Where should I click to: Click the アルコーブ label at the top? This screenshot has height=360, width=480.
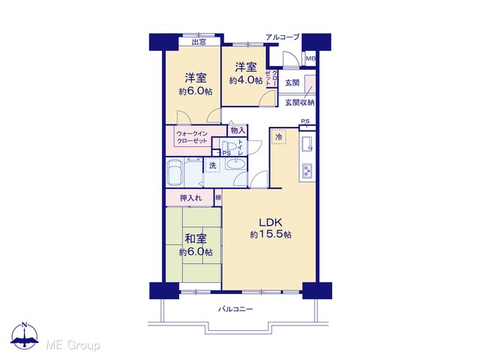(x=282, y=37)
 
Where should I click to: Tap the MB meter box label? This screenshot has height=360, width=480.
(x=310, y=58)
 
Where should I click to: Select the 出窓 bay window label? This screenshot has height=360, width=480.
(x=199, y=42)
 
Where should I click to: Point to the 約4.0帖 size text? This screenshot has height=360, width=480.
(x=246, y=80)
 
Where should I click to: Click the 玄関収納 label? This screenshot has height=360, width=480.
(x=300, y=103)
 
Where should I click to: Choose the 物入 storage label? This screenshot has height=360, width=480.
(x=238, y=130)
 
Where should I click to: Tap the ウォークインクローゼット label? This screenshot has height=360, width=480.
(x=192, y=137)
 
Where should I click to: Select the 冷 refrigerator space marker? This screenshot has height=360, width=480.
(x=278, y=136)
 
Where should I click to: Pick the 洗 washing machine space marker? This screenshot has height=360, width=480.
(x=213, y=165)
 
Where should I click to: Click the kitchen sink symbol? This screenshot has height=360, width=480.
(x=307, y=144)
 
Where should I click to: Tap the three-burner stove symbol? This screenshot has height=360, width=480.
(x=307, y=171)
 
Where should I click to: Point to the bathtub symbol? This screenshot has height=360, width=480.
(x=175, y=172)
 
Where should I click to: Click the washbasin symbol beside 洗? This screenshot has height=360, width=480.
(x=235, y=164)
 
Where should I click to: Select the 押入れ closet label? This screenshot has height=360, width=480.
(x=190, y=198)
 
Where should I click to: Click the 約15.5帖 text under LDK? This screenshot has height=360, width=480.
(x=271, y=235)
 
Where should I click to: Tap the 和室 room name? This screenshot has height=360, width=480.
(x=196, y=238)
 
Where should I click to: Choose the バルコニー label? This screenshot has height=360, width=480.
(x=235, y=309)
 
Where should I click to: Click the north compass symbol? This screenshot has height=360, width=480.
(x=25, y=336)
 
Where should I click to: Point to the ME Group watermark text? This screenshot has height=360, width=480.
(x=73, y=346)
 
